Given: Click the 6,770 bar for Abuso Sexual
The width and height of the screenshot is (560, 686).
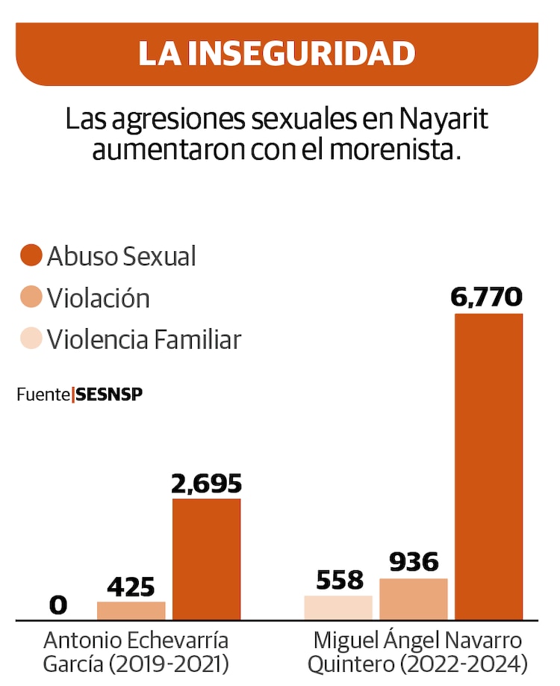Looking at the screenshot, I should [488, 466].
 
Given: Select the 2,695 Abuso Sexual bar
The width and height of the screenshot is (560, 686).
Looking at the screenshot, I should [207, 559].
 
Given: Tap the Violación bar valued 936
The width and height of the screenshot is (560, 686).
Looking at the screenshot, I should [414, 599].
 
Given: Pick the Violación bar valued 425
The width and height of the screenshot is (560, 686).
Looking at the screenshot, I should [131, 611].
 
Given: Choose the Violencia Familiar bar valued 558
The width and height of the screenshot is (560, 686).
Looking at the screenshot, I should [338, 608].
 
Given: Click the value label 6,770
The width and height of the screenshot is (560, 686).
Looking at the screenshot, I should [486, 297].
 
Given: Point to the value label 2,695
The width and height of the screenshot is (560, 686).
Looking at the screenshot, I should [207, 483].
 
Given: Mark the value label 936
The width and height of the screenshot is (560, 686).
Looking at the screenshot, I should [413, 563].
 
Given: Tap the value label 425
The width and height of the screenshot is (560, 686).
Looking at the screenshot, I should [131, 587].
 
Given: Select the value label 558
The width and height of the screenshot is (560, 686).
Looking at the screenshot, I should [340, 580].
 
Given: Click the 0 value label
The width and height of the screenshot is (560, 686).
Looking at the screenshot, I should [57, 605].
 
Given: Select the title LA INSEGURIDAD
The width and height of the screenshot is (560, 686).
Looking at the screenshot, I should [276, 53].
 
